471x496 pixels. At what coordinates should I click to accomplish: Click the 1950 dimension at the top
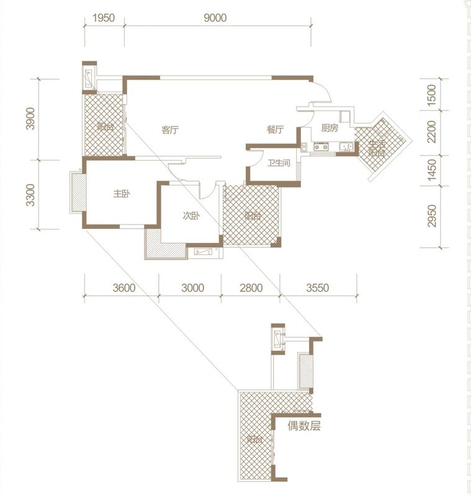point(104,18)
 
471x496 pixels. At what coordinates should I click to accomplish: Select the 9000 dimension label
point(215,18)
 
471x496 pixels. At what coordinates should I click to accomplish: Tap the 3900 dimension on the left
point(30,118)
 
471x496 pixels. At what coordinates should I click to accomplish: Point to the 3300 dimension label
point(30,195)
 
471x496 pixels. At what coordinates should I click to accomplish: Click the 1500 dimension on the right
point(431,95)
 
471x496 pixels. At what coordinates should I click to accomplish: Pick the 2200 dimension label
point(431,131)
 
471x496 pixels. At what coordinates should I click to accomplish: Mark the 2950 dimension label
point(431,216)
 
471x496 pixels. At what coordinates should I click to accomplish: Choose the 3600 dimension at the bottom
point(123,288)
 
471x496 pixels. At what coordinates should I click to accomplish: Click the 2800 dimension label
point(251,288)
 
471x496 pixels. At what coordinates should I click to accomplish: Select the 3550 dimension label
point(318,288)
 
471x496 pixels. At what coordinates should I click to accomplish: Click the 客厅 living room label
point(170,130)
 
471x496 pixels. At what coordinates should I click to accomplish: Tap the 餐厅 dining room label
point(275,129)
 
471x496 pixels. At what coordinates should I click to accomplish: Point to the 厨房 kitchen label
point(330,128)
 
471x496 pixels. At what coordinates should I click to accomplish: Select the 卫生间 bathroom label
point(279,163)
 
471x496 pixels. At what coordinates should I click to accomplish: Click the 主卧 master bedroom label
point(122,193)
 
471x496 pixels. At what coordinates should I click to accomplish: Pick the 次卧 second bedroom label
point(191,216)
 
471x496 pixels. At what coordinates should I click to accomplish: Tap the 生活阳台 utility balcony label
point(377,149)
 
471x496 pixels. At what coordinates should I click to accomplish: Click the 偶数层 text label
point(304,426)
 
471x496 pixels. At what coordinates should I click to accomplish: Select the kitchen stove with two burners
point(321,146)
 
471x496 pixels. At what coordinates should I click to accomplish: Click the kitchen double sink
point(347,146)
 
